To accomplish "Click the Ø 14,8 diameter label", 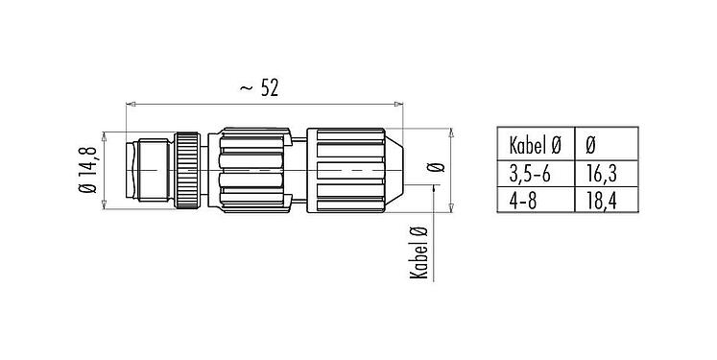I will [x=89, y=168].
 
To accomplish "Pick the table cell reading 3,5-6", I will [x=528, y=173].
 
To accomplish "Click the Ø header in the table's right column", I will [x=589, y=146].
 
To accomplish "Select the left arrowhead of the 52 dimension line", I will [x=131, y=103].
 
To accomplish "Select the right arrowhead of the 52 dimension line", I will [x=398, y=103].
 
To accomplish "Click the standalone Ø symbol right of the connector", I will [x=440, y=167].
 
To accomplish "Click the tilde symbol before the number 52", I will [x=246, y=88].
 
